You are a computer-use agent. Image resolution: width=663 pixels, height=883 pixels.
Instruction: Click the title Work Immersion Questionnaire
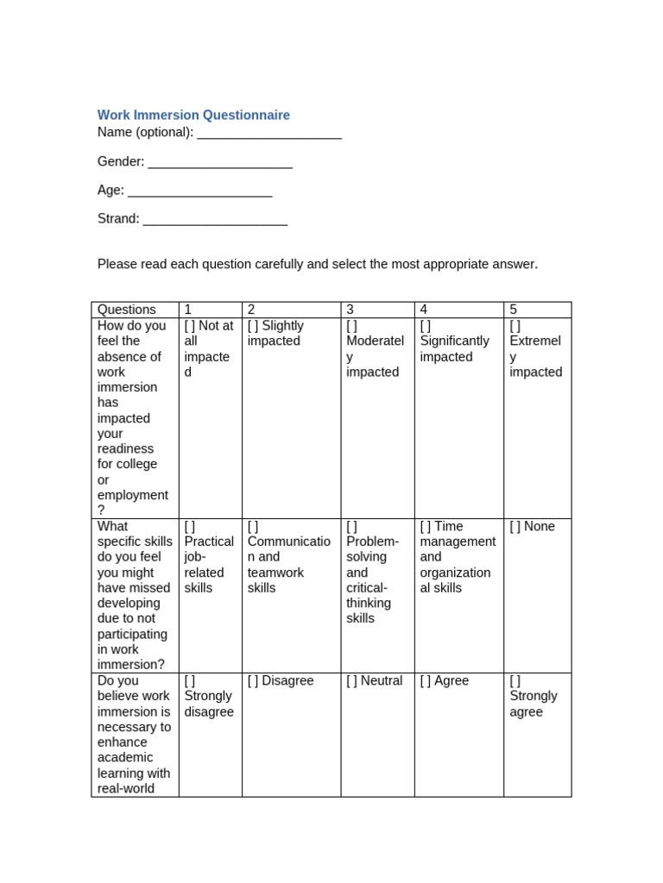pos(193,115)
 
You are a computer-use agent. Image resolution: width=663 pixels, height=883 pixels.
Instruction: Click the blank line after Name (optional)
pos(269,133)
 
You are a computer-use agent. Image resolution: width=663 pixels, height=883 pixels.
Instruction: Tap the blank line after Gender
pos(220,162)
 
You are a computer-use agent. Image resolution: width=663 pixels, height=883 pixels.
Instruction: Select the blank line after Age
pos(200,191)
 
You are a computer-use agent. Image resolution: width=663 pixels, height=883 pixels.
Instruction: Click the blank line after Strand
pos(215,219)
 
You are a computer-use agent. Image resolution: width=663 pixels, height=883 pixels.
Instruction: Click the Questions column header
pos(127,310)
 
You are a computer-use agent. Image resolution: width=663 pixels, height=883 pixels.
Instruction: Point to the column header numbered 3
pos(350,310)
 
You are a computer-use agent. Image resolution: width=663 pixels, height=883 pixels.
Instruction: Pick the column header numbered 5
pos(514,310)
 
